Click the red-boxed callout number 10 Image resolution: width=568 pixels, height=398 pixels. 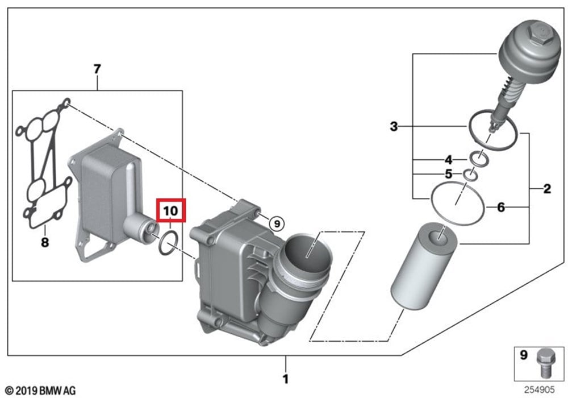point(170,210)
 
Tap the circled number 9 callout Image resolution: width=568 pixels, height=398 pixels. point(277,223)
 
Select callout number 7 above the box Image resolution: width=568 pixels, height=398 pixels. point(97,69)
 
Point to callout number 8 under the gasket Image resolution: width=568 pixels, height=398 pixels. point(45,242)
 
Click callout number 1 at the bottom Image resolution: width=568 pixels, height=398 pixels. point(286,379)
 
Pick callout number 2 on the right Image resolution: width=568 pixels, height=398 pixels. point(547,189)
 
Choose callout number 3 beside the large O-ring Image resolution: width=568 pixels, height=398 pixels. point(394,126)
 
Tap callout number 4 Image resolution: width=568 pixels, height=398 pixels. point(449,160)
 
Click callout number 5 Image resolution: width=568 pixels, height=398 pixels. point(449,174)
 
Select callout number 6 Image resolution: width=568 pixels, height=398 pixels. point(501,208)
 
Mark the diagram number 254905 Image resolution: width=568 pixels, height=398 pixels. point(540,390)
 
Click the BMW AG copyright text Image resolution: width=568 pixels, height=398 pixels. point(41,391)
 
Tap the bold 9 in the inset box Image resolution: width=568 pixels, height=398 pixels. point(524,355)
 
